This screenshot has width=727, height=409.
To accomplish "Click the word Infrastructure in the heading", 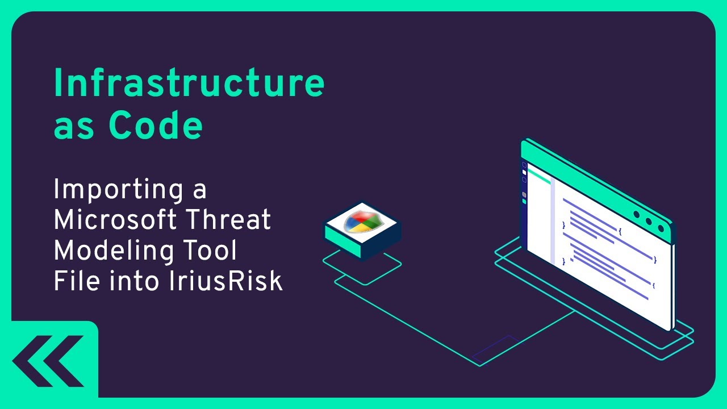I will pyautogui.click(x=189, y=84).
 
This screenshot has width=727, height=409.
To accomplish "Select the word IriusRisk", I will pyautogui.click(x=225, y=281).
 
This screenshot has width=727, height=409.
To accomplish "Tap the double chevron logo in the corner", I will pyautogui.click(x=50, y=361).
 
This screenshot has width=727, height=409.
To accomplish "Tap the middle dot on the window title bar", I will pyautogui.click(x=648, y=222).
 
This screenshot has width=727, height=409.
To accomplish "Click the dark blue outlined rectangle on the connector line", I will pyautogui.click(x=495, y=349).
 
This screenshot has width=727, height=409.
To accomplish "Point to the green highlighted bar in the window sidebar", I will pyautogui.click(x=539, y=178).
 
